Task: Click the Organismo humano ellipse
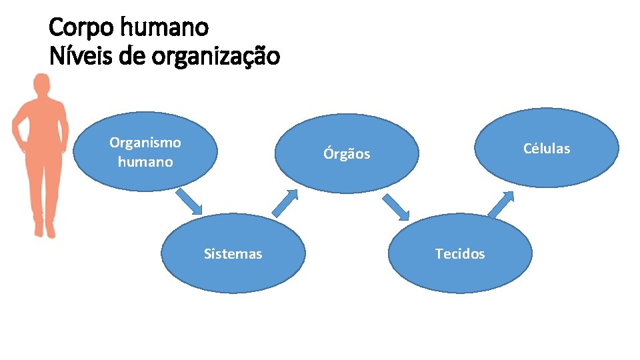145,152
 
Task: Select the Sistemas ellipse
233,253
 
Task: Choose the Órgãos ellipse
347,153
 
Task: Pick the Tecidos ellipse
460,253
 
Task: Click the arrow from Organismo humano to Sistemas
189,202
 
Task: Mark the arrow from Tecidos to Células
501,205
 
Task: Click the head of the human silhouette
42,85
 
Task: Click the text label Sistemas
233,253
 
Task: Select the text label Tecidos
460,253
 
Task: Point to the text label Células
547,148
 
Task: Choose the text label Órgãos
347,153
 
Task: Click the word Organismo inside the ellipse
145,143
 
